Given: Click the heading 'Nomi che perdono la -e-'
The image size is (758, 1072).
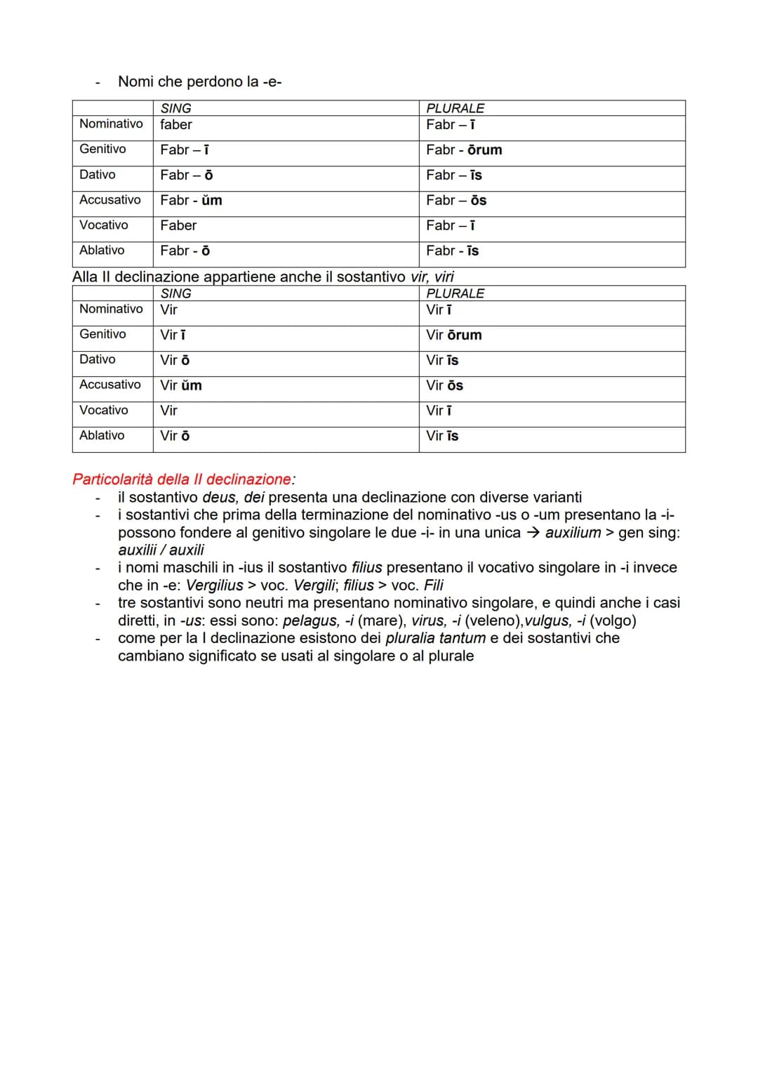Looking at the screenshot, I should pos(199,81).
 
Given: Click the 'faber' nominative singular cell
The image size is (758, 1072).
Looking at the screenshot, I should pos(176,125).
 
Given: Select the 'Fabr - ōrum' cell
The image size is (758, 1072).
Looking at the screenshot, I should pos(464,150).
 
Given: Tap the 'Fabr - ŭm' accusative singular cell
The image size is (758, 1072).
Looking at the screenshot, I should pos(191,201).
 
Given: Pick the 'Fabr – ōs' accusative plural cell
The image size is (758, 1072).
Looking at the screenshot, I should pos(456,201).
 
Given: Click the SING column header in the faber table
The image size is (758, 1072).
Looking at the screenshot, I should pos(175,108).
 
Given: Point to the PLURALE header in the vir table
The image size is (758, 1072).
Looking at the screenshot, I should pos(455,293).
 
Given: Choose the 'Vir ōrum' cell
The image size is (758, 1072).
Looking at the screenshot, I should pos(454,336).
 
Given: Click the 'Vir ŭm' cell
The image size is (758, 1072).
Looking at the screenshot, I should pos(181,385).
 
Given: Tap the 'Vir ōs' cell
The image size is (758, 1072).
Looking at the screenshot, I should pos(445,385).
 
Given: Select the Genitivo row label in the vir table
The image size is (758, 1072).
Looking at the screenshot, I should pos(102,334).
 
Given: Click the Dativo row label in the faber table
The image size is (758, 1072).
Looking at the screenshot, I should pos(98,175).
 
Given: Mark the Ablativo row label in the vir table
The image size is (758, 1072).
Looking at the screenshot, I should pos(102,435).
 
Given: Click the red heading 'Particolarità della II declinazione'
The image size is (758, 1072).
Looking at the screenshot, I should pos(182,479).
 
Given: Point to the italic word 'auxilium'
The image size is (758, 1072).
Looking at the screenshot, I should pos(573,533).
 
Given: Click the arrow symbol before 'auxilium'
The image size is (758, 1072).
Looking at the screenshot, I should pos(533,533).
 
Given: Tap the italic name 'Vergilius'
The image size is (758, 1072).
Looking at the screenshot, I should pos(214,585).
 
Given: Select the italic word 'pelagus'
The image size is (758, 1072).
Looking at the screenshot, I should pos(310,621).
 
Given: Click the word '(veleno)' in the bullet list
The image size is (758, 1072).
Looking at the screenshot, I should pos(494,621).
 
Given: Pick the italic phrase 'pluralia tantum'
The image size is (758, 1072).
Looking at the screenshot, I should pos(435,638).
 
